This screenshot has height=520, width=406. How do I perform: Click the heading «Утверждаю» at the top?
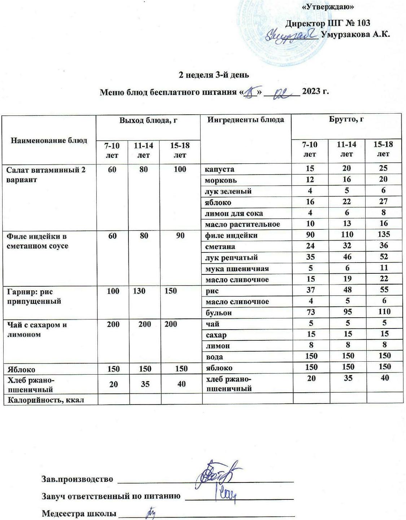328,7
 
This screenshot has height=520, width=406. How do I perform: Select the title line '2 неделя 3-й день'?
214,75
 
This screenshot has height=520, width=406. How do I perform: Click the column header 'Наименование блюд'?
49,140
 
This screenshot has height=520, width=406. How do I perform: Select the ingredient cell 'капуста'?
219,169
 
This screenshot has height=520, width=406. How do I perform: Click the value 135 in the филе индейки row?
383,234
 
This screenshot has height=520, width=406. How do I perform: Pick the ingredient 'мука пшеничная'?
237,269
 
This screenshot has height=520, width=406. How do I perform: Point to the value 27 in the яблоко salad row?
383,201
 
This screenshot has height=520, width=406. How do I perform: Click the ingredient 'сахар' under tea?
216,335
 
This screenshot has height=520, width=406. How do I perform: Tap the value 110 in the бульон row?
383,312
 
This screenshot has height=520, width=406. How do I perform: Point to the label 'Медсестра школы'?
79,513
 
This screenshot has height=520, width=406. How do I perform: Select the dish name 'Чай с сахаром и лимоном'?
37,330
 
